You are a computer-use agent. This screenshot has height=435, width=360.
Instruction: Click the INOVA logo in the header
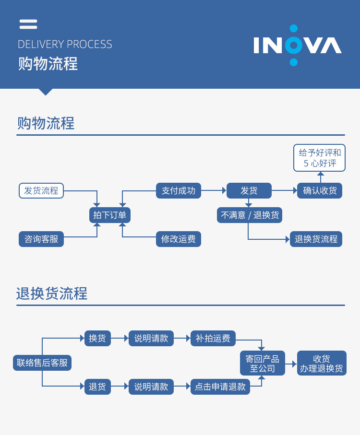[x=298, y=46]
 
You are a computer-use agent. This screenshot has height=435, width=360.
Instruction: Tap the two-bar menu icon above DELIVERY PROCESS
[x=28, y=24]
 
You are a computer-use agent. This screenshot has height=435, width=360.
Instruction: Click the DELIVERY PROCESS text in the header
[x=65, y=45]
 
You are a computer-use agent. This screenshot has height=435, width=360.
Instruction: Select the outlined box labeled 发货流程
[x=41, y=190]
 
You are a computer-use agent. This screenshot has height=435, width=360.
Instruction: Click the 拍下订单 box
[x=110, y=215]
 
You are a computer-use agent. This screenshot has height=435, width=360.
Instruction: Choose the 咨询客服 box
[x=41, y=239]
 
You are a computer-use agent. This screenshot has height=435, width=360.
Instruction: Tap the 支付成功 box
[x=179, y=190]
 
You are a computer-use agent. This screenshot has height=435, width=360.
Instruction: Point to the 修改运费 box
[x=179, y=239]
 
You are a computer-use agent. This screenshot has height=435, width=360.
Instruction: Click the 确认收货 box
[x=320, y=190]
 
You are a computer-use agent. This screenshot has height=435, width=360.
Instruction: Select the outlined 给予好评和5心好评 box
[x=320, y=158]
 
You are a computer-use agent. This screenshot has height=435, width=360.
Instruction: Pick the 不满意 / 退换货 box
[x=250, y=215]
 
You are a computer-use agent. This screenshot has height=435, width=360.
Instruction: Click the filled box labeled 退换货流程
[x=316, y=239]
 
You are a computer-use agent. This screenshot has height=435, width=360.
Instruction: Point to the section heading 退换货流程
[x=52, y=294]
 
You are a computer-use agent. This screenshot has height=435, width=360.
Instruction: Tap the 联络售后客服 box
[x=42, y=363]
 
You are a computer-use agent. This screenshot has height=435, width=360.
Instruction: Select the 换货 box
[x=97, y=338]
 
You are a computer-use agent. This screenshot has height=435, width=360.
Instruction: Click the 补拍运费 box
[x=213, y=338]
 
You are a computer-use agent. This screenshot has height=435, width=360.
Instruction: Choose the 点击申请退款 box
[x=220, y=387]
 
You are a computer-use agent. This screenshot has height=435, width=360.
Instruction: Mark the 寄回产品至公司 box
[x=263, y=364]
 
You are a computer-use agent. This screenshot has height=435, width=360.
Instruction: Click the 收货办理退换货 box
[x=322, y=364]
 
